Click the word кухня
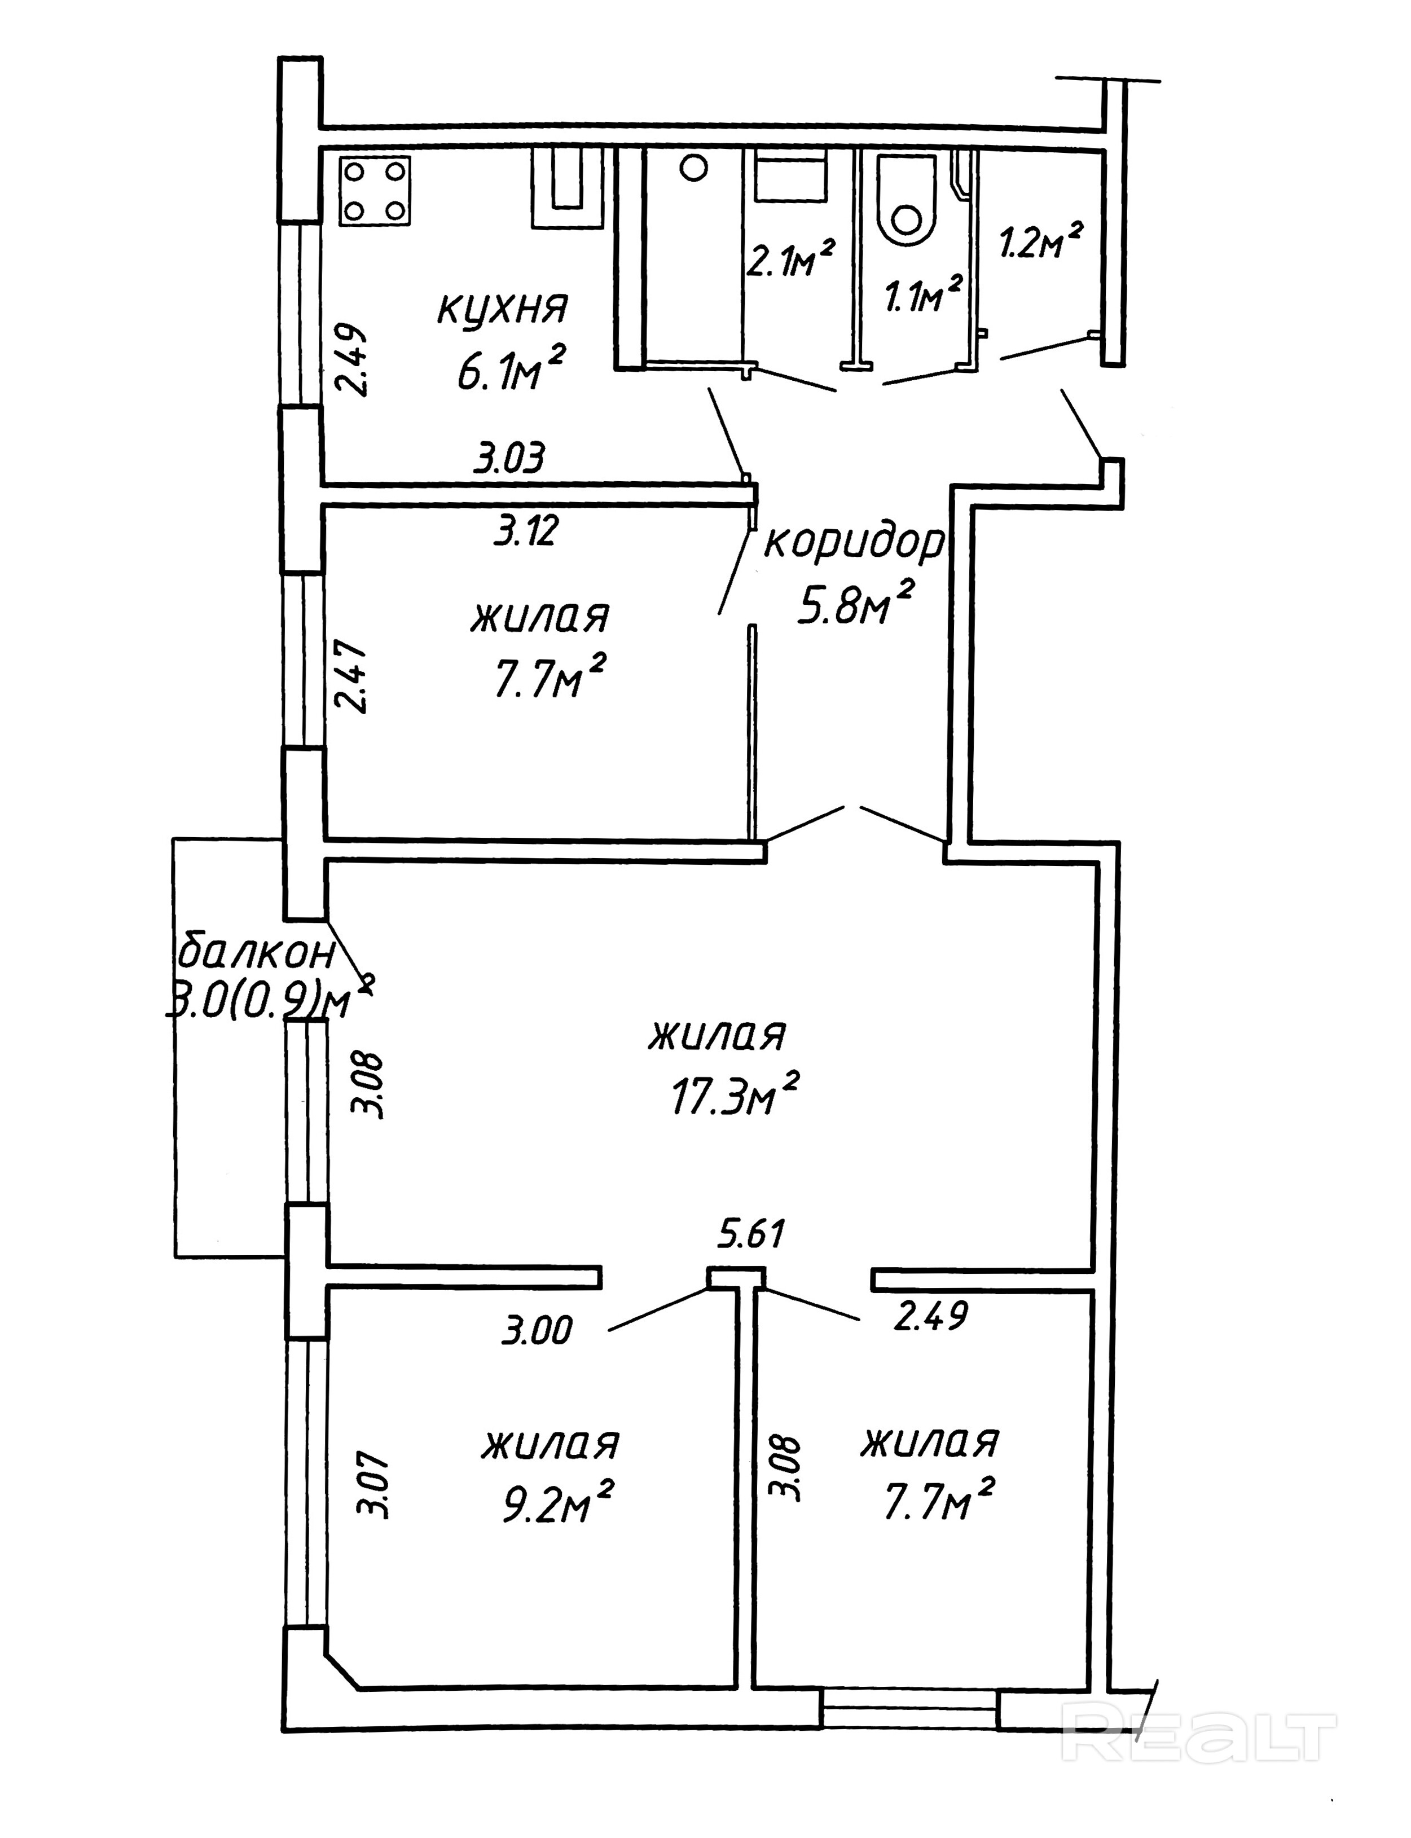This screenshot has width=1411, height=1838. [x=502, y=309]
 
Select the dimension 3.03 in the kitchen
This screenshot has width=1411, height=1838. [x=510, y=459]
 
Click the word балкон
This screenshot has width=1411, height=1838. [x=258, y=954]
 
